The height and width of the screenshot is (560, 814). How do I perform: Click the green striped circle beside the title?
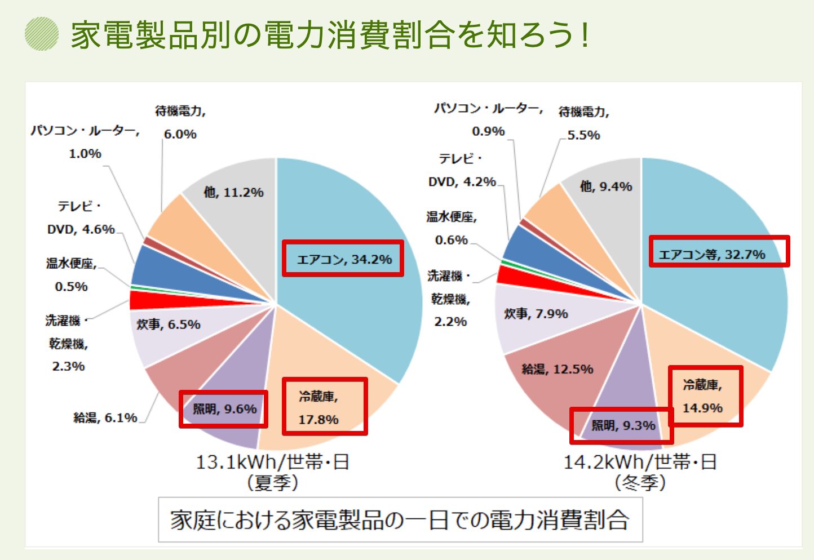click(x=42, y=34)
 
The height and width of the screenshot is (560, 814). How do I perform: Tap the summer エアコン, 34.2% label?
click(x=343, y=259)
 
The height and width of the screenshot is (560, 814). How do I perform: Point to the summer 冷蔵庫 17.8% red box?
click(x=325, y=406)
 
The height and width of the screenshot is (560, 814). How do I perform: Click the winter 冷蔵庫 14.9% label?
click(x=705, y=396)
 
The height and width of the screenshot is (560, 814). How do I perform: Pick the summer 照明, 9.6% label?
click(x=224, y=409)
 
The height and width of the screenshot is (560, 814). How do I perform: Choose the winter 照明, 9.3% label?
click(x=622, y=425)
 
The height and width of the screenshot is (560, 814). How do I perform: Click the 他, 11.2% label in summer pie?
click(x=233, y=193)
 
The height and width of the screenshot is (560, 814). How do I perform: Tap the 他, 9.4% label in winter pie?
click(x=606, y=186)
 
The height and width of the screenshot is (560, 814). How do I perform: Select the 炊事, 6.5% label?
click(x=169, y=325)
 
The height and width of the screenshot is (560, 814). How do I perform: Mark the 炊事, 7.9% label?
click(x=536, y=314)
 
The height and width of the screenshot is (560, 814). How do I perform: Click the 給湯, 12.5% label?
click(x=557, y=370)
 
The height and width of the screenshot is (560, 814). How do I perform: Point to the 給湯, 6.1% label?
click(x=105, y=418)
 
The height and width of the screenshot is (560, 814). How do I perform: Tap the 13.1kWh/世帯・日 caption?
click(x=273, y=463)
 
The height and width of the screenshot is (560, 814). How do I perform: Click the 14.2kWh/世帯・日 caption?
click(x=640, y=463)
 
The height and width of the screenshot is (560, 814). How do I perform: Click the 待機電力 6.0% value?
click(x=180, y=134)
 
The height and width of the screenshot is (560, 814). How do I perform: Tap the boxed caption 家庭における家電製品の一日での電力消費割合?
click(x=400, y=519)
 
